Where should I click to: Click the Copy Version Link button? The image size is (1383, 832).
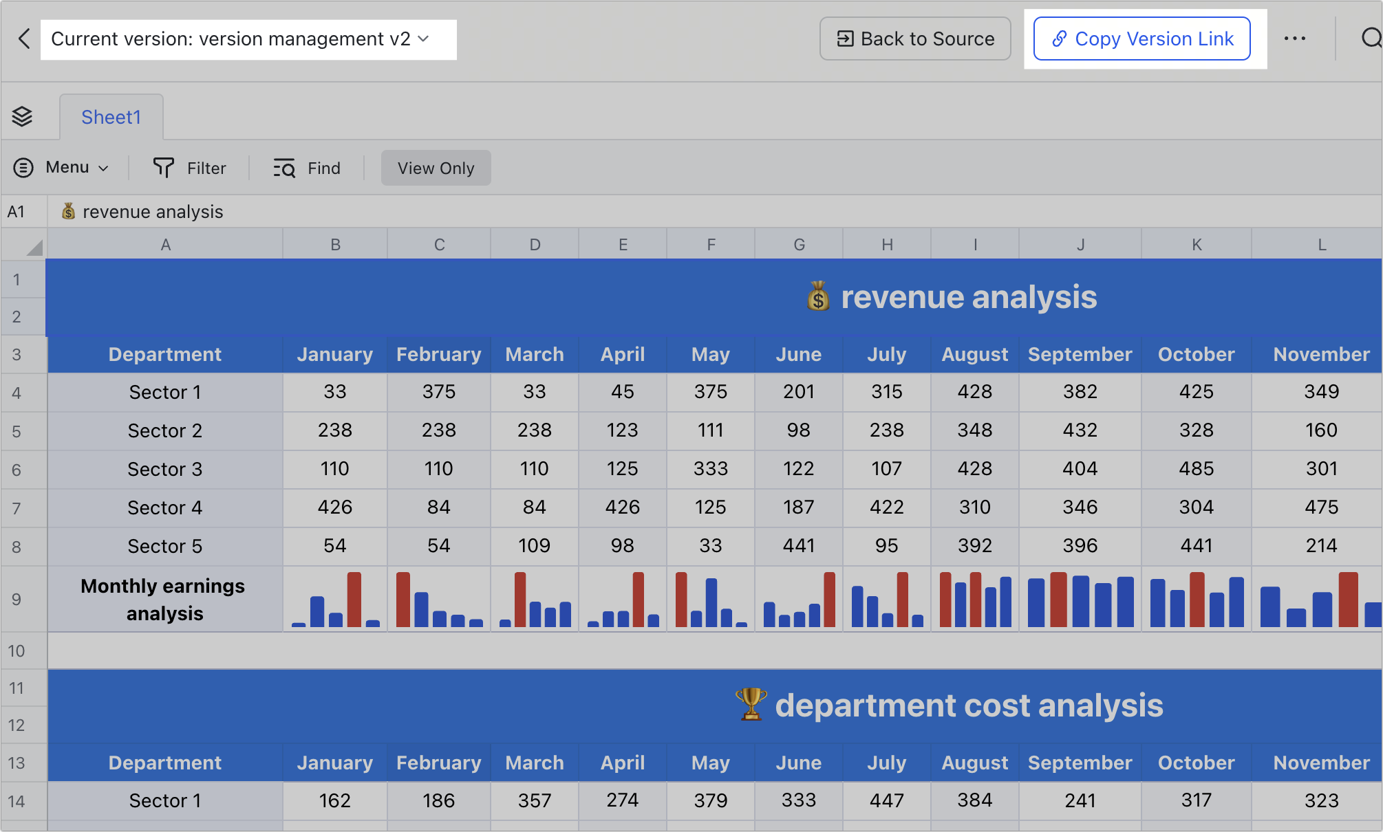pyautogui.click(x=1141, y=39)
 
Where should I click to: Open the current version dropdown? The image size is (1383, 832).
pyautogui.click(x=248, y=39)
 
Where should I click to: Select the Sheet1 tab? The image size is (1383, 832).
pyautogui.click(x=111, y=118)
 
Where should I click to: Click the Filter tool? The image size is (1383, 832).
pyautogui.click(x=189, y=168)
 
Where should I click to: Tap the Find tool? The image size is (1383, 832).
pyautogui.click(x=307, y=168)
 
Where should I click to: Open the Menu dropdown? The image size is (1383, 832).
pyautogui.click(x=61, y=168)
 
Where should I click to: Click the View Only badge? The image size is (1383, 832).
pyautogui.click(x=436, y=168)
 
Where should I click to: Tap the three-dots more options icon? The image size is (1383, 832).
pyautogui.click(x=1294, y=39)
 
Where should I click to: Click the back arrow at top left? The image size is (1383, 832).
pyautogui.click(x=24, y=39)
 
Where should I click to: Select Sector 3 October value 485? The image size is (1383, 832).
pyautogui.click(x=1196, y=469)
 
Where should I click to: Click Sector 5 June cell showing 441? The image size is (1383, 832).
pyautogui.click(x=798, y=546)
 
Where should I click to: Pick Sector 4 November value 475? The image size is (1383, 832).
pyautogui.click(x=1321, y=507)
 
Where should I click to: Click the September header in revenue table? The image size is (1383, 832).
pyautogui.click(x=1080, y=355)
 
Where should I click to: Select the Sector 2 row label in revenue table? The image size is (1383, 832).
pyautogui.click(x=165, y=431)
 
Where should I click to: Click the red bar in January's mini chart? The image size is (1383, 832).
pyautogui.click(x=354, y=600)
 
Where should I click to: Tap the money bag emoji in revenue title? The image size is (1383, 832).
pyautogui.click(x=818, y=297)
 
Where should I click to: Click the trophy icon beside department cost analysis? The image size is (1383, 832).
pyautogui.click(x=751, y=705)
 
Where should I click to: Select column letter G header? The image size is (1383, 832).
pyautogui.click(x=799, y=245)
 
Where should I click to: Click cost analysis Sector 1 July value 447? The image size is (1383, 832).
pyautogui.click(x=886, y=800)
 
